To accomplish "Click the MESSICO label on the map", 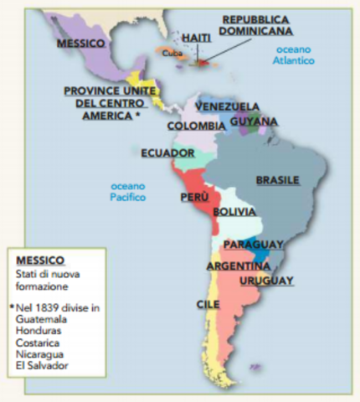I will coord(81,42).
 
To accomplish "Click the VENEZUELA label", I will coord(227,106).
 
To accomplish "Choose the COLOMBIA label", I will coord(196,126).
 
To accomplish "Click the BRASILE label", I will coord(277,180).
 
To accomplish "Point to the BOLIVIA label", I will coord(234,212).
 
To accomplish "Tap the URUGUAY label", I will coord(266,281).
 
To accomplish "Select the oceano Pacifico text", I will coord(127,192).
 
